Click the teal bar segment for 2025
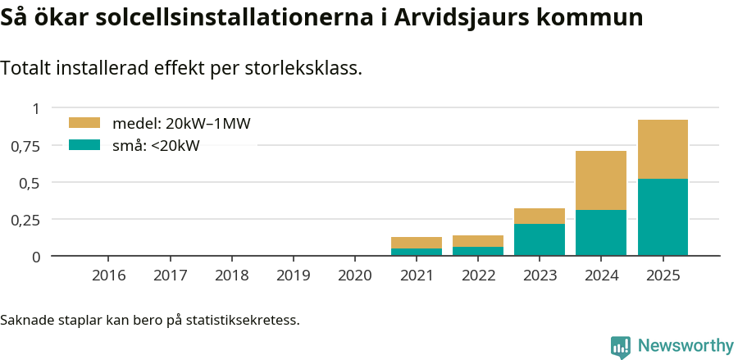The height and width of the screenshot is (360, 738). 663,217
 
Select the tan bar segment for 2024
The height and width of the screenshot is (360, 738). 601,180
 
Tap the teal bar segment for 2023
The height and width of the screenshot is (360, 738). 540,239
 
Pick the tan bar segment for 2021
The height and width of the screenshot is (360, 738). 417,243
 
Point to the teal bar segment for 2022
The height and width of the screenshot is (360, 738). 478,251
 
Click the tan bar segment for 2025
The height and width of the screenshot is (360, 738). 663,149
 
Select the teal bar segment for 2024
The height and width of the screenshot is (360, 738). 601,233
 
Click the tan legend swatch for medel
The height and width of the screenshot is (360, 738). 84,123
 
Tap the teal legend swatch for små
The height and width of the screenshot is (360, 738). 84,145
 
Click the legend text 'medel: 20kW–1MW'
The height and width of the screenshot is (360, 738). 180,124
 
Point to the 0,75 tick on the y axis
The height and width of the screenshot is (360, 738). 25,146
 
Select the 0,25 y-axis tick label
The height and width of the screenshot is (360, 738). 25,220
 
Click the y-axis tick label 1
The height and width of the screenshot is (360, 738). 35,108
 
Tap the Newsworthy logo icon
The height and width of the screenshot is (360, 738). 621,347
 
